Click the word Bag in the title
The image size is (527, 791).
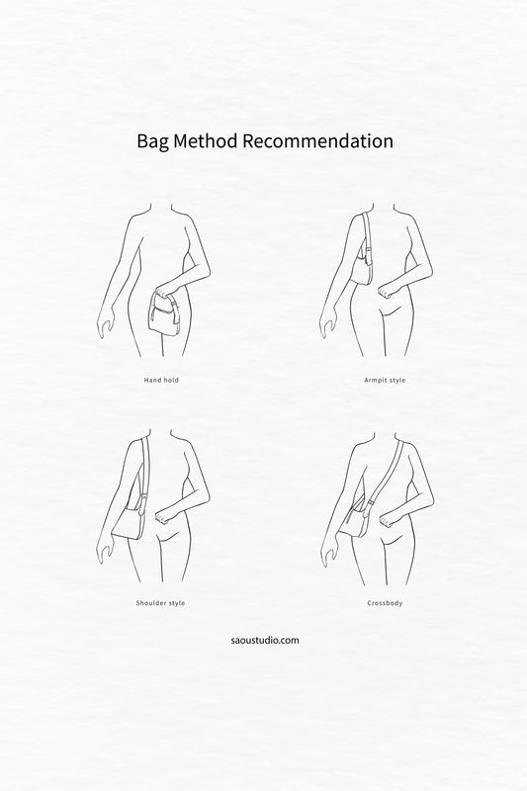click(x=153, y=141)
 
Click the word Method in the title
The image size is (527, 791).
click(x=206, y=140)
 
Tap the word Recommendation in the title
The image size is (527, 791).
click(x=317, y=140)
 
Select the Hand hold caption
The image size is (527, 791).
click(x=161, y=380)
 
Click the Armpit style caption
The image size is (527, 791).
click(x=385, y=380)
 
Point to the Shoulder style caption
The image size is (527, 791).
click(x=160, y=603)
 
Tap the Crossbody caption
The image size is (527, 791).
click(x=385, y=603)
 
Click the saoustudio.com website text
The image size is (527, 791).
click(x=265, y=640)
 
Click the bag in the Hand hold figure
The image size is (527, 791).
click(x=163, y=314)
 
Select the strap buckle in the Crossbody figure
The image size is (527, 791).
click(x=371, y=502)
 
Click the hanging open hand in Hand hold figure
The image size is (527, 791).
click(x=104, y=327)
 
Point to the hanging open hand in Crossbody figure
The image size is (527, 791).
click(x=328, y=554)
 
